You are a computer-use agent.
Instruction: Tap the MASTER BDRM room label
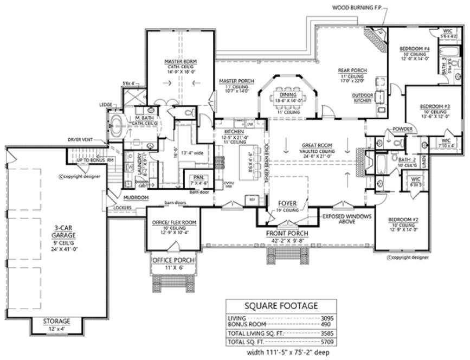coord(176,62)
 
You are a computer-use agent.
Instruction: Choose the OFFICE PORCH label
coord(171,260)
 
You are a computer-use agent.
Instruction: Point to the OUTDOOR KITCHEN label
coord(362,98)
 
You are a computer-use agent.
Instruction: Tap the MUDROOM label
coord(132,198)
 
